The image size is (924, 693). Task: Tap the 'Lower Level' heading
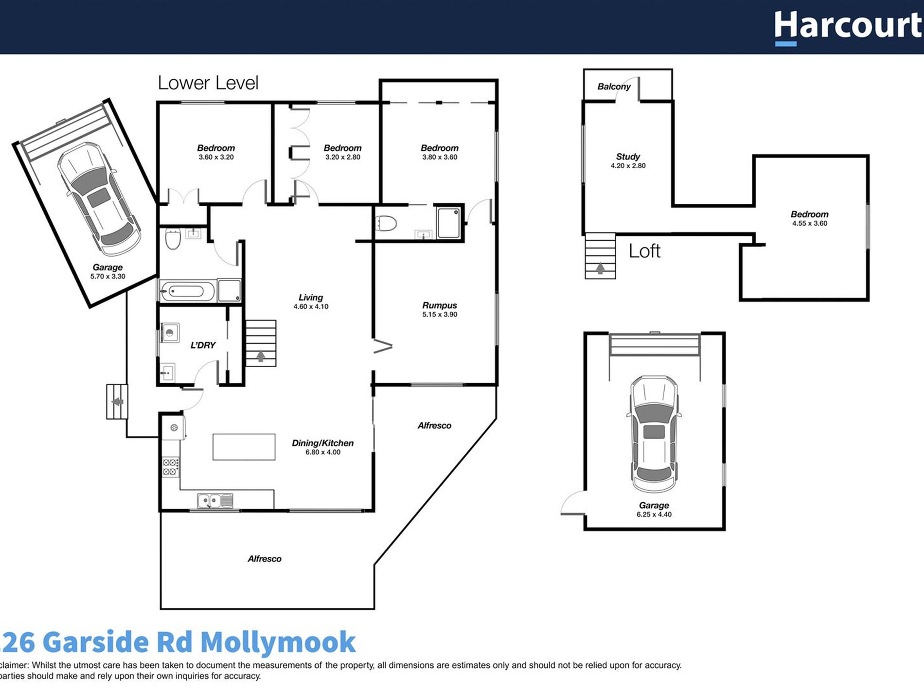[x=208, y=83]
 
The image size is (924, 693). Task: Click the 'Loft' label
[x=644, y=251]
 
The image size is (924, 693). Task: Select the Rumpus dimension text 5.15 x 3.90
[x=440, y=315]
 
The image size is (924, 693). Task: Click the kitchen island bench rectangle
[x=244, y=447]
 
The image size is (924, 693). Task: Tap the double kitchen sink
[x=215, y=500]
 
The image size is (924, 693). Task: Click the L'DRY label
[x=203, y=345]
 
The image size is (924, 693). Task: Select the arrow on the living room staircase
[x=261, y=356]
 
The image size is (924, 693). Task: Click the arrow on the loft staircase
[x=600, y=268]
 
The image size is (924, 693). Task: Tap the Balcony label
[x=614, y=87]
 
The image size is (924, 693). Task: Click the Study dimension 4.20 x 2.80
[x=628, y=166]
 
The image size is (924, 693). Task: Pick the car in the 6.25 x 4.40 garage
[x=654, y=434]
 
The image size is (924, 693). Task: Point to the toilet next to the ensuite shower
[x=386, y=224]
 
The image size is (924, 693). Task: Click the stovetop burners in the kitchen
[x=170, y=467]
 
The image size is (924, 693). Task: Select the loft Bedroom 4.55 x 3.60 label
[x=809, y=214]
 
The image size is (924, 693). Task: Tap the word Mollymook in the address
[x=278, y=642]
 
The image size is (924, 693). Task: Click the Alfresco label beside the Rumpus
[x=434, y=426]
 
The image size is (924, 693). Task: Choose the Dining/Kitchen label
[x=322, y=443]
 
